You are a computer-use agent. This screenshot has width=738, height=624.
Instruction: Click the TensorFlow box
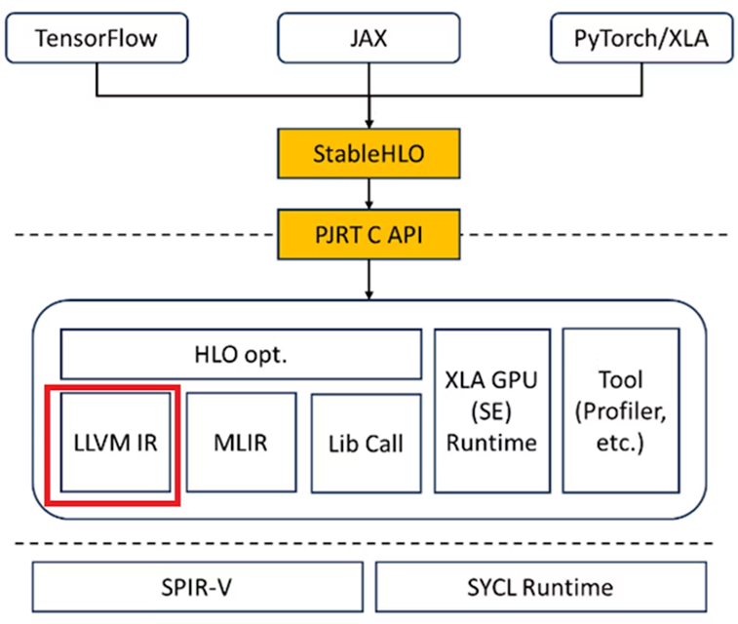tap(96, 40)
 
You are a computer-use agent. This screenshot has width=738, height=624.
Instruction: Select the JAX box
tap(369, 40)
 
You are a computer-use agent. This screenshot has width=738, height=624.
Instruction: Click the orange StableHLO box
tap(369, 154)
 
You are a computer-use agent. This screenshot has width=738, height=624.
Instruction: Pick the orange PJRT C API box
tap(369, 234)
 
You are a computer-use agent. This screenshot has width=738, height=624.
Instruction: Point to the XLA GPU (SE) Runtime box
tap(491, 409)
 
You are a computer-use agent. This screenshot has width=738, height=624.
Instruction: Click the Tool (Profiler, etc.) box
tap(621, 409)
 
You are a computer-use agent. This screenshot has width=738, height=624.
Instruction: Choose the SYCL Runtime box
tap(541, 587)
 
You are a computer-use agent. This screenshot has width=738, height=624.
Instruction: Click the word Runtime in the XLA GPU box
tap(491, 443)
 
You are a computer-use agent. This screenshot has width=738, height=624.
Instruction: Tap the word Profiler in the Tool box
tap(617, 410)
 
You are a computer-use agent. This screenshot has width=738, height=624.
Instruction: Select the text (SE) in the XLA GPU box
tap(491, 410)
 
